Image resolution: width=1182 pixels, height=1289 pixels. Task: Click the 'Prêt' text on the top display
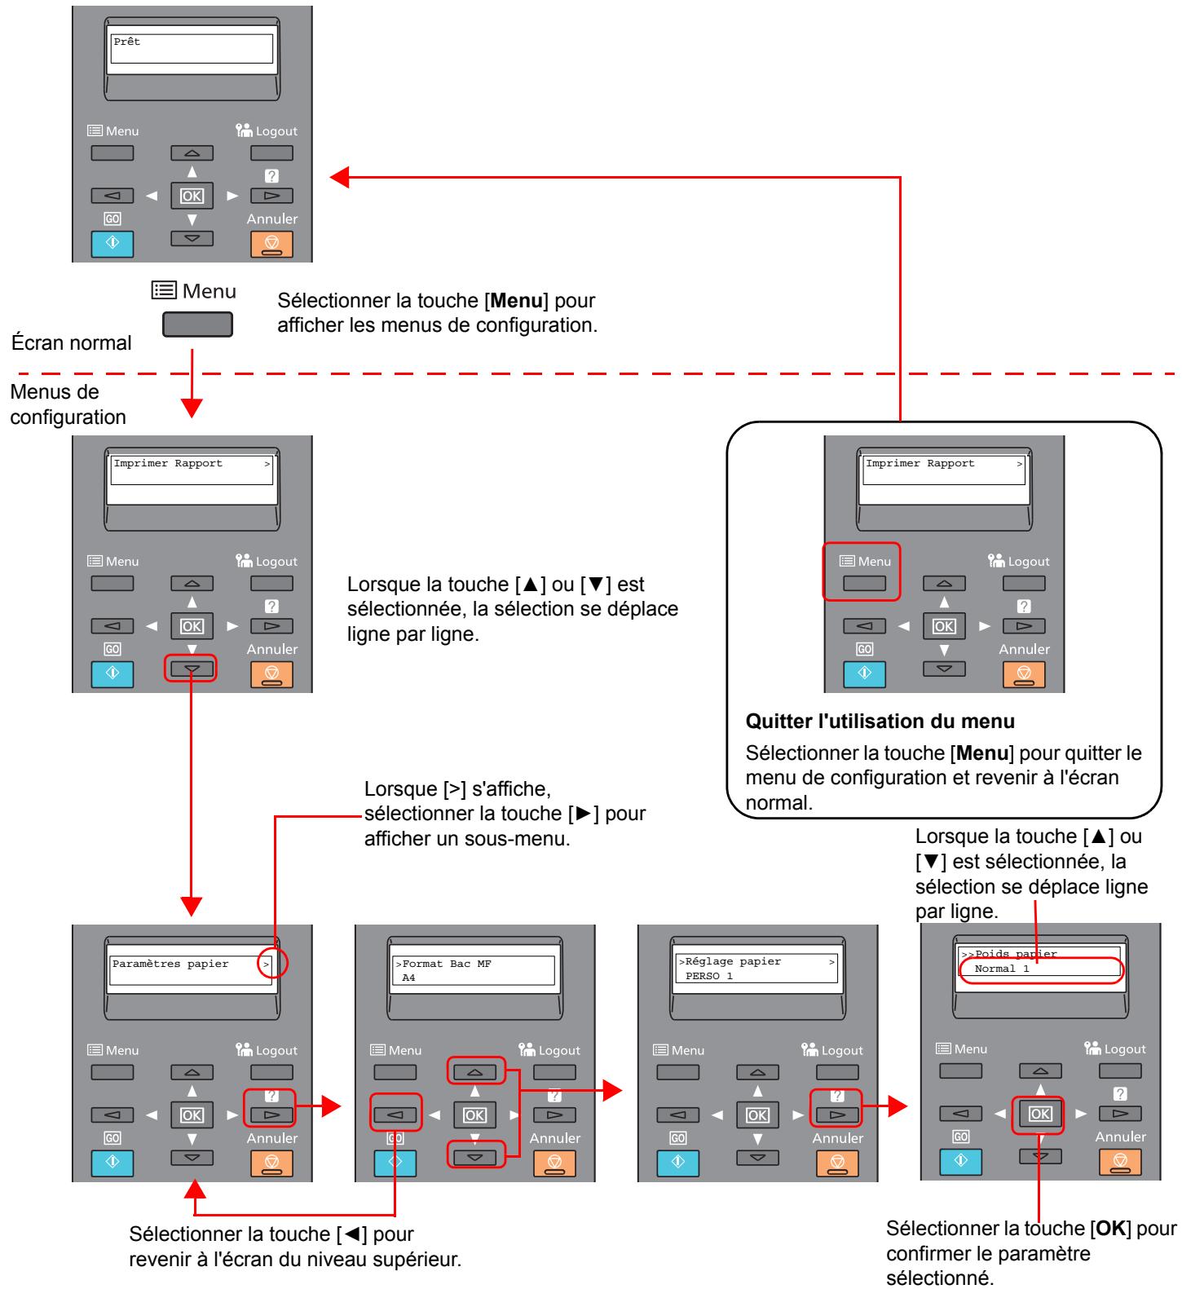pyautogui.click(x=126, y=42)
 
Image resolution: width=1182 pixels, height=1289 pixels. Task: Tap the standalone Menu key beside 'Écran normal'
pyautogui.click(x=197, y=324)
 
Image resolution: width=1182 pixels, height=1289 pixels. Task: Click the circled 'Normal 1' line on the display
pyautogui.click(x=1003, y=969)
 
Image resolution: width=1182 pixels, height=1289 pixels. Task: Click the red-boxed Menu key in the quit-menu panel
pyautogui.click(x=863, y=584)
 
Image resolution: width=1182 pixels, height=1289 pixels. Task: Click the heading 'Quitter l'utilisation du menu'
pyautogui.click(x=880, y=722)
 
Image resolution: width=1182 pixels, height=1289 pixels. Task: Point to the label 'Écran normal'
pyautogui.click(x=72, y=343)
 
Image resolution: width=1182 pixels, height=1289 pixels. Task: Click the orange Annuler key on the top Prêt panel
pyautogui.click(x=271, y=243)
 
